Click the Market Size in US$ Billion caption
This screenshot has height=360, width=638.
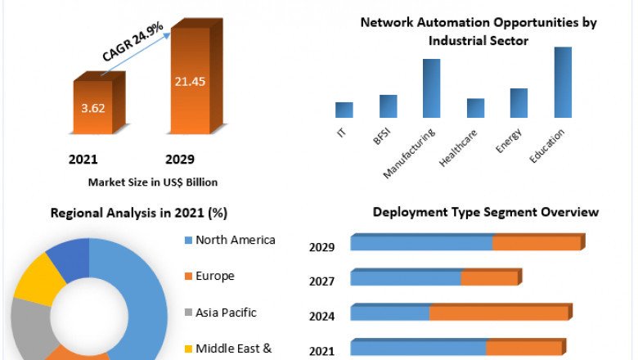[x=152, y=182]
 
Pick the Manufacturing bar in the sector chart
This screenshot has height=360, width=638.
[x=431, y=88]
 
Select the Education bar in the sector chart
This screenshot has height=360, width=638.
[x=563, y=82]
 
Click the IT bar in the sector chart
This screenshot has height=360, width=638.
[x=344, y=110]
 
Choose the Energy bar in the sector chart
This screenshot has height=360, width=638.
[x=519, y=102]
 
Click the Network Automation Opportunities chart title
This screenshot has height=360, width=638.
[x=478, y=31]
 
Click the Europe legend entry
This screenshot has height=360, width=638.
[x=214, y=276]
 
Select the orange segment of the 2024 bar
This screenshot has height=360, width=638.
[x=499, y=313]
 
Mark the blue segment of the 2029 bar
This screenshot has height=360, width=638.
[x=421, y=243]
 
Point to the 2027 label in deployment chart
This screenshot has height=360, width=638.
[x=321, y=281]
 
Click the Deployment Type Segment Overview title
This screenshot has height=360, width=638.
[x=486, y=212]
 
